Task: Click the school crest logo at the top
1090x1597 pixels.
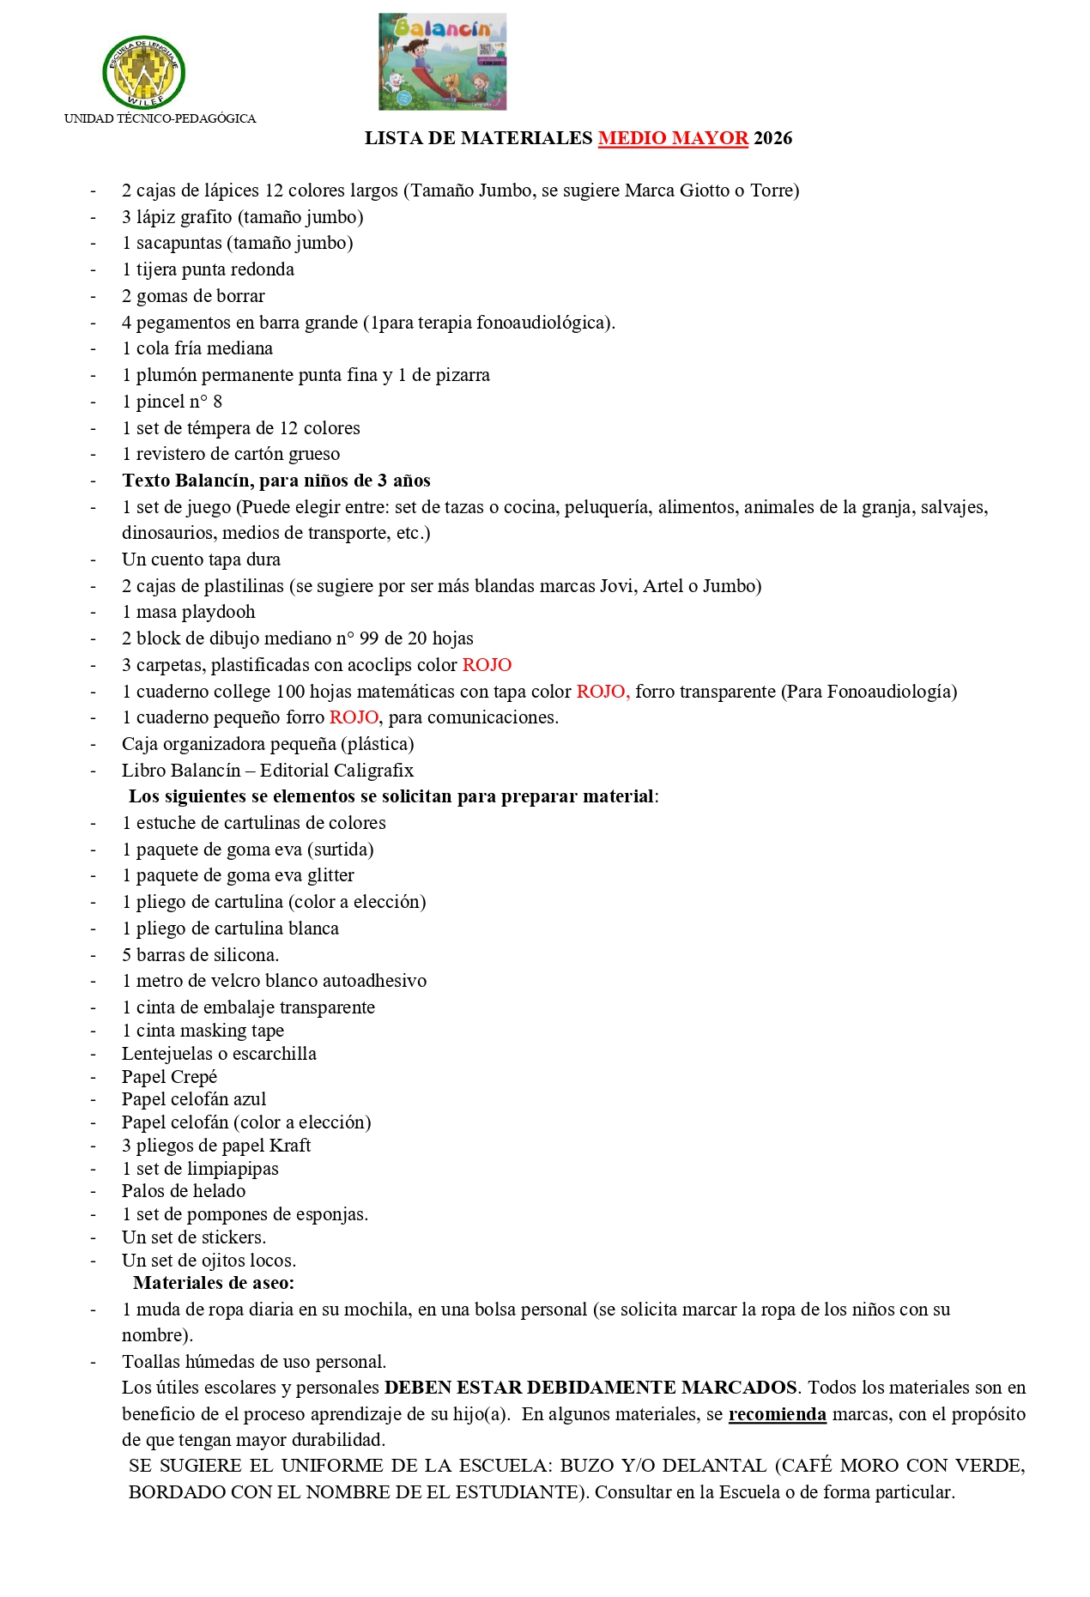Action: coord(143,72)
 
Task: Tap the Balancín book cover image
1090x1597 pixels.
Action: coord(442,61)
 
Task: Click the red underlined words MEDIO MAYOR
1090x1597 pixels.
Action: coord(673,138)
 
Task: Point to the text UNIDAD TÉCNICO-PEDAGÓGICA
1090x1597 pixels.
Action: coord(160,118)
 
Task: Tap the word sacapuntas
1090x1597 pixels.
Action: coord(179,243)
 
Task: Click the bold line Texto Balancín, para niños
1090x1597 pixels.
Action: coord(276,481)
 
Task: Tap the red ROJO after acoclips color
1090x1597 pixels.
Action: coord(487,665)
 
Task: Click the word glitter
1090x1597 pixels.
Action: coord(330,875)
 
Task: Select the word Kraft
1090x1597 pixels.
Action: coord(290,1146)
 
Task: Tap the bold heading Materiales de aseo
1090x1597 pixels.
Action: coord(214,1283)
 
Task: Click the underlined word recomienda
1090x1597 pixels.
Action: coord(777,1414)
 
